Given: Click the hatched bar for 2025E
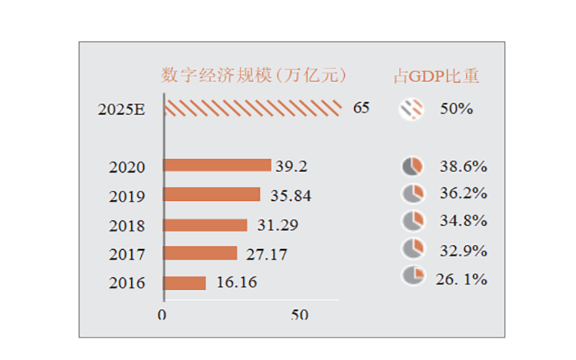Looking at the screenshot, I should tap(253, 108).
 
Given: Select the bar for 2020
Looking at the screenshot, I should tap(217, 166).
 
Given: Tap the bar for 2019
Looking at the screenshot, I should tap(212, 194).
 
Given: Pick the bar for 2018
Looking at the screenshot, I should tap(206, 225).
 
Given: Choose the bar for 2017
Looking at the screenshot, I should tap(200, 253).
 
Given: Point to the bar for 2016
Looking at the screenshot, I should tap(185, 282).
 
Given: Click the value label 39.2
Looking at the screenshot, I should tap(292, 166).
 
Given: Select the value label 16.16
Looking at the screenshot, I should tap(236, 282).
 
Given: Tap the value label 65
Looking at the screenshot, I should tap(361, 109).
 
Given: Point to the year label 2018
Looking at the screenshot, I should tap(127, 225).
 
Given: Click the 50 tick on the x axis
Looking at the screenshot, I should tap(300, 315).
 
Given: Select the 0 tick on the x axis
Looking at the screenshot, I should tap(162, 315).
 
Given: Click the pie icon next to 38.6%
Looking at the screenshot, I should tap(412, 166).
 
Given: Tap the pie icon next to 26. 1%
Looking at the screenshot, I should tap(412, 275).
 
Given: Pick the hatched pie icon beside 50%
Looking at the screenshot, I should tap(410, 109).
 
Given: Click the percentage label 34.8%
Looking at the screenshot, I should tap(463, 220).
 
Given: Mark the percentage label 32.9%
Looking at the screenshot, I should tap(463, 251).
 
